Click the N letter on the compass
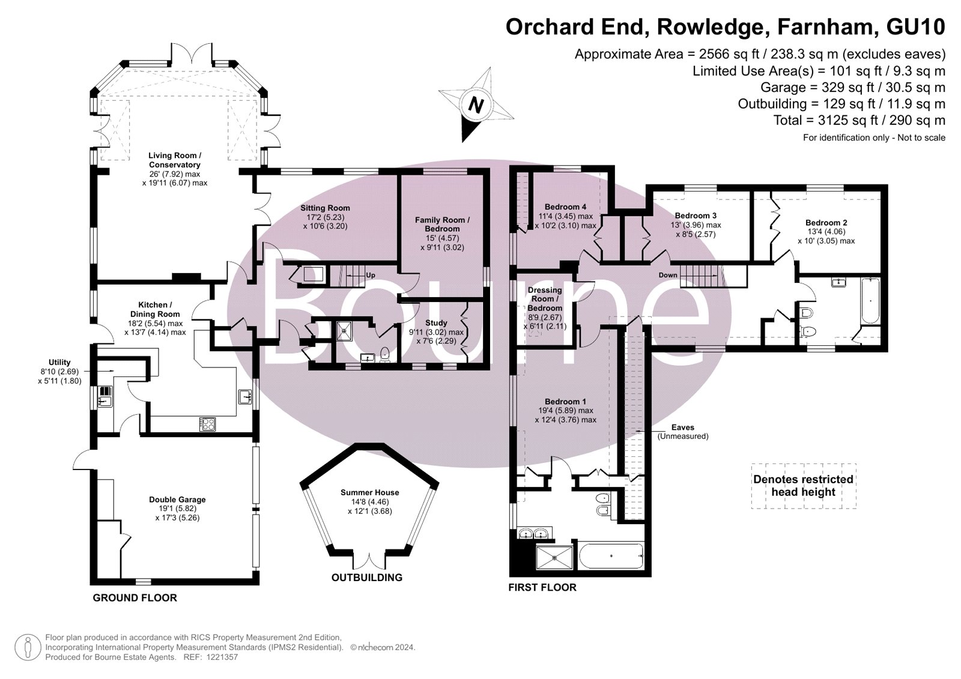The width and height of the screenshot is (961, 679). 476,104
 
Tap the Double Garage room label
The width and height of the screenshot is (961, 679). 177,508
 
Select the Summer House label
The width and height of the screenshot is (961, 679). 370,501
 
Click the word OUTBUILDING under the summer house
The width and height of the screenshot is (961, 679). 367,578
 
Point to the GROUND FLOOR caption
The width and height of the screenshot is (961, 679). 135,597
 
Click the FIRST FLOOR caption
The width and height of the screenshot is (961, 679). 542,587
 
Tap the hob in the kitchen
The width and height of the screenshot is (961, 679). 208,424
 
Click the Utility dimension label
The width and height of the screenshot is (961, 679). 59,372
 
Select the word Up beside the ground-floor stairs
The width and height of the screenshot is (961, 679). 370,275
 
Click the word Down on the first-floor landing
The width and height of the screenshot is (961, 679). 668,275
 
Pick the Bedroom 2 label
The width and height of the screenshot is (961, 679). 826,232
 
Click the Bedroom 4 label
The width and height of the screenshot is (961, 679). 565,216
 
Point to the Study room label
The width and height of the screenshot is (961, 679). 436,332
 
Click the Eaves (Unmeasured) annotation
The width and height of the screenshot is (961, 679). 683,432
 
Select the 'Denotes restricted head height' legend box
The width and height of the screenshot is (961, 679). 804,486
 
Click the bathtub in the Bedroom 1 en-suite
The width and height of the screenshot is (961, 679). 611,556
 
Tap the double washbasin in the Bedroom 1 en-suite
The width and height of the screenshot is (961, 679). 535,534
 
